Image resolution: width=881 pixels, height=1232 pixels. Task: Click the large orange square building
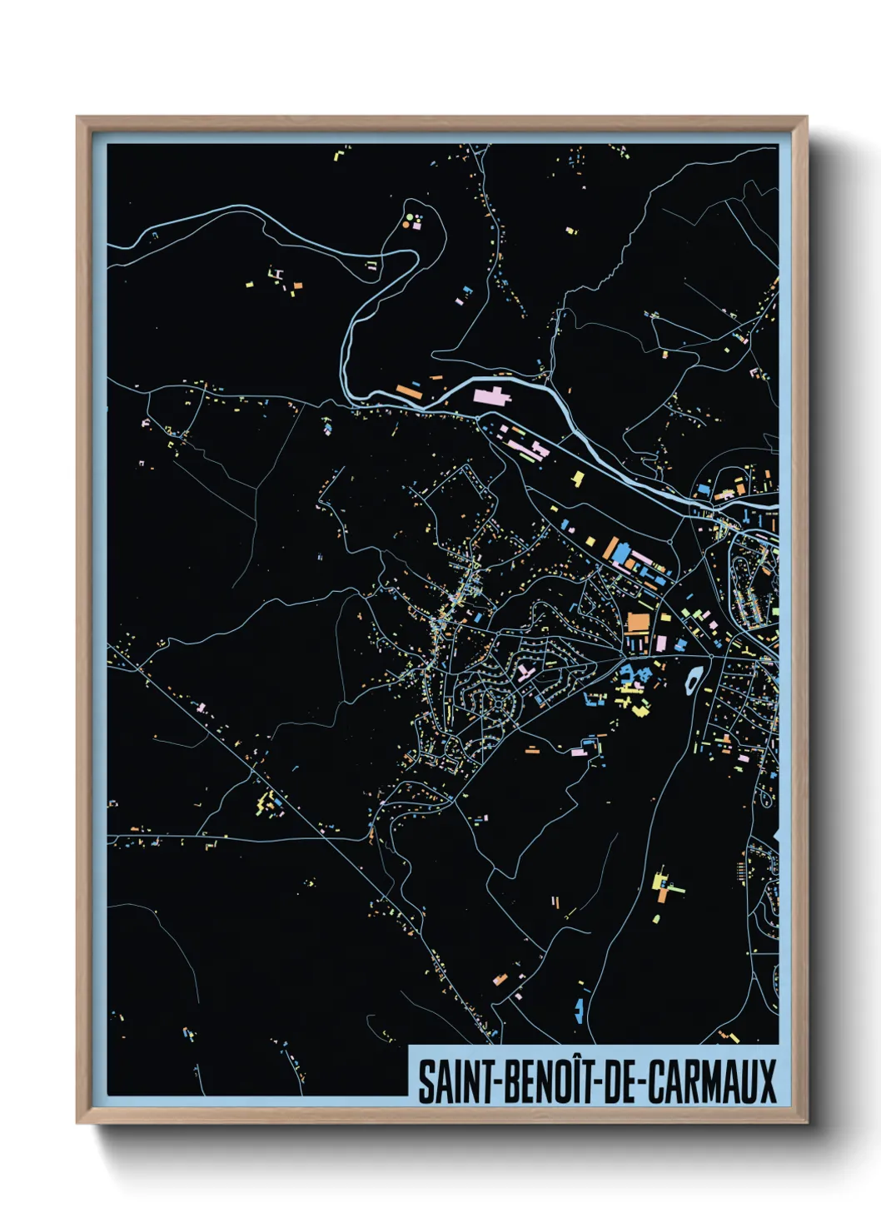[637, 622]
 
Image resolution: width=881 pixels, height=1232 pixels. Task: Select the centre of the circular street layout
[497, 703]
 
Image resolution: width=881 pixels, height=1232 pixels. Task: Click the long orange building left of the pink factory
[410, 389]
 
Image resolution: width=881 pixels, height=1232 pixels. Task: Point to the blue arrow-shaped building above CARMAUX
[579, 1011]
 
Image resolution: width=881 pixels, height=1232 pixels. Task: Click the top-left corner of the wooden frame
[78, 118]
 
